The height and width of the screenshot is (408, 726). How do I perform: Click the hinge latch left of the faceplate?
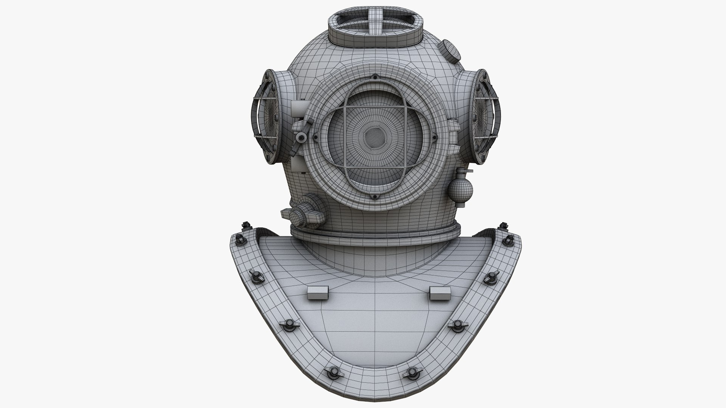301,136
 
